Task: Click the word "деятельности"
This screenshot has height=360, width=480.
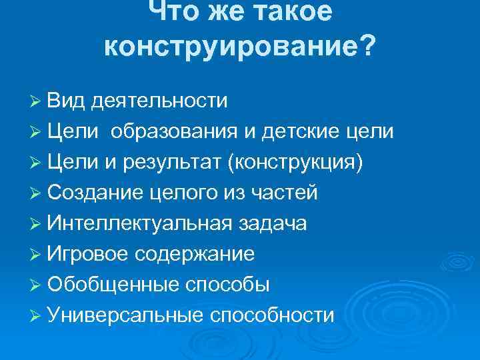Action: pos(160,101)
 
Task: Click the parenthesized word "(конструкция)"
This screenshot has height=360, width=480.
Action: pos(296,162)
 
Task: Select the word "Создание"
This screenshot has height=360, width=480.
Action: pos(96,193)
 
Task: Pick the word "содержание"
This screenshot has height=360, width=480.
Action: pos(195,254)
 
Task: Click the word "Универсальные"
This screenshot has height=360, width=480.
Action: pos(125,315)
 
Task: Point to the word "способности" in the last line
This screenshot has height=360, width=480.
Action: pos(272,315)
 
